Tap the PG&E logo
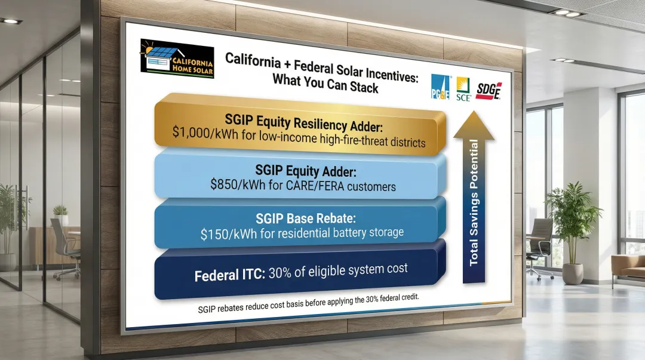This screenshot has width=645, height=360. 441,90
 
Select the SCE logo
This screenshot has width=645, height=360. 463,90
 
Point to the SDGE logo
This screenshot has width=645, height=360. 489,91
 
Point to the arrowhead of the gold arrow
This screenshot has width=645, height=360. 474,123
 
